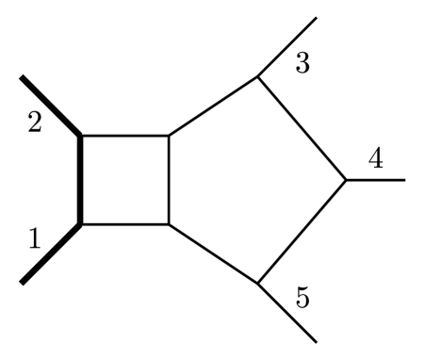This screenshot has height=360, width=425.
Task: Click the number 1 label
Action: [x=35, y=238]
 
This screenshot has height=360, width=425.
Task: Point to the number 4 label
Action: [x=375, y=159]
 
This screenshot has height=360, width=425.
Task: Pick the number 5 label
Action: [x=302, y=299]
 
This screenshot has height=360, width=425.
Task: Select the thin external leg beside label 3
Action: [x=287, y=47]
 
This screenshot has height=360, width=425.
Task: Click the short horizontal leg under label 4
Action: [x=376, y=180]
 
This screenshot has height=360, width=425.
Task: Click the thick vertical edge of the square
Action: [x=81, y=180]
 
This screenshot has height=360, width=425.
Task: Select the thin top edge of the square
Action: [x=124, y=137]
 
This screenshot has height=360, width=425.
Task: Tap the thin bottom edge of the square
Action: [x=124, y=224]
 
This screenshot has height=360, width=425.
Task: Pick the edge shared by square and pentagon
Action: [x=169, y=180]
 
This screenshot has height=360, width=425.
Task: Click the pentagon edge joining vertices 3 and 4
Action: [x=302, y=129]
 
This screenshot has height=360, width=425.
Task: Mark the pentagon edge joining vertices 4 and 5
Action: [x=302, y=232]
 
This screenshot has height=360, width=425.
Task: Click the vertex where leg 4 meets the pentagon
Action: [x=347, y=180]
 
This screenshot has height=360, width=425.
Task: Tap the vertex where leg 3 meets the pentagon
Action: [x=258, y=77]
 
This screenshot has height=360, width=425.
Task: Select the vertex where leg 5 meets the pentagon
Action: [x=258, y=283]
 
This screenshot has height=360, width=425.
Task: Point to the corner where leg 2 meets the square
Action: [x=81, y=137]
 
